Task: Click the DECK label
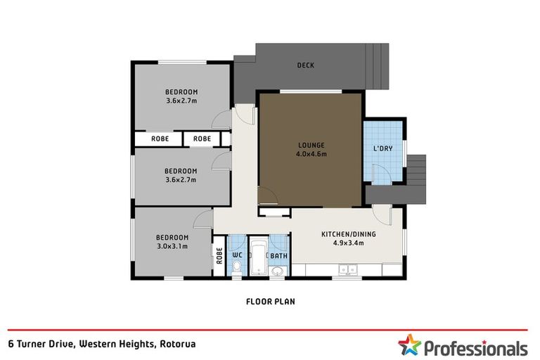click(305, 65)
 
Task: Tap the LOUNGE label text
click(309, 146)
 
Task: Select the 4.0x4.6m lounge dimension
click(309, 154)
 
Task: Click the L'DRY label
click(382, 148)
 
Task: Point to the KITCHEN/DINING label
click(348, 234)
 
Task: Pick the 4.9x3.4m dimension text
click(348, 243)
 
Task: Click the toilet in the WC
click(237, 267)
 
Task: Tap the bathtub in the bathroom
click(257, 260)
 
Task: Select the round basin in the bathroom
click(278, 271)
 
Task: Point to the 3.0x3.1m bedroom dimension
click(172, 246)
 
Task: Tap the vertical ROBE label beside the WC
click(219, 256)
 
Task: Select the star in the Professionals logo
click(409, 345)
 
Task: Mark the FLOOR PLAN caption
click(270, 302)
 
